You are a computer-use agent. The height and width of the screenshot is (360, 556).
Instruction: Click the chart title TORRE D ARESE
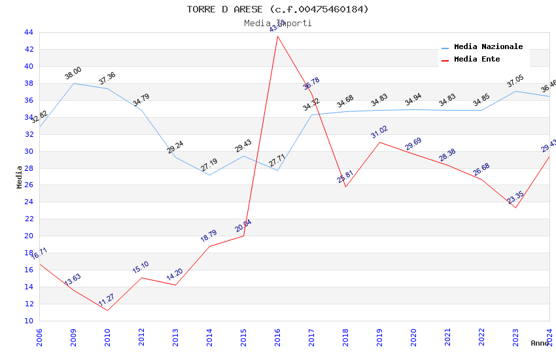tap(277, 9)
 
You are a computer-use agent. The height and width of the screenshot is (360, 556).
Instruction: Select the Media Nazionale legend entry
tap(488, 47)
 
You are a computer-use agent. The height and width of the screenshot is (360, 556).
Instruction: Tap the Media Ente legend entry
tap(477, 60)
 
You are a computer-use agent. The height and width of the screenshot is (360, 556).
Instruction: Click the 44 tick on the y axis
tap(28, 33)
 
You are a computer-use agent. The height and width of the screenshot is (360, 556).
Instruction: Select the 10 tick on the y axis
tap(28, 321)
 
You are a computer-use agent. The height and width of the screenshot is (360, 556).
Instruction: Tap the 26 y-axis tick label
tap(28, 185)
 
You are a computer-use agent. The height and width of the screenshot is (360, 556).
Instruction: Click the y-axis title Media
tap(20, 177)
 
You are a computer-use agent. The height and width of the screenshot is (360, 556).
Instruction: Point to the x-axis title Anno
tap(540, 343)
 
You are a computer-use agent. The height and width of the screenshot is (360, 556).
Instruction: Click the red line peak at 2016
tap(277, 35)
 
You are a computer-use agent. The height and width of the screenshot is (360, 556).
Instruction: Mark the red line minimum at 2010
tap(107, 310)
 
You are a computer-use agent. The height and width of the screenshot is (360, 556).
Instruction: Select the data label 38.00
tap(73, 73)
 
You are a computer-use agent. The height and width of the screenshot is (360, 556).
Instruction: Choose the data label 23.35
tap(515, 197)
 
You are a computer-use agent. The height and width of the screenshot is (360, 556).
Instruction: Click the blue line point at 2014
tap(209, 175)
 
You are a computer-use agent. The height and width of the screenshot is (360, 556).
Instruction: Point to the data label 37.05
tap(515, 81)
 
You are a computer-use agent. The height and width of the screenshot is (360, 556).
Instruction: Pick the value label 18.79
tap(209, 236)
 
